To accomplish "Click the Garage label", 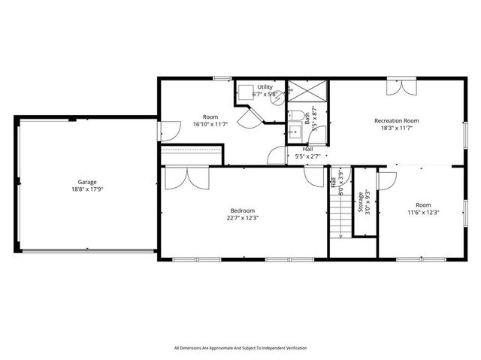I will (87, 182).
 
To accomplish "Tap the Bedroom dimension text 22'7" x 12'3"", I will (242, 218).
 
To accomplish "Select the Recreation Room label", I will (396, 120).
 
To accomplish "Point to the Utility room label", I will (265, 87).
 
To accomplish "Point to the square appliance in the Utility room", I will (245, 92).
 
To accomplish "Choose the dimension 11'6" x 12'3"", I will (423, 212).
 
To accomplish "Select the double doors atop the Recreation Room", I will (399, 86).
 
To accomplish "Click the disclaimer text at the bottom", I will (240, 348).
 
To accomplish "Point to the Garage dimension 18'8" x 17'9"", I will (87, 189).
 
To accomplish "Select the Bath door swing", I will (277, 156).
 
